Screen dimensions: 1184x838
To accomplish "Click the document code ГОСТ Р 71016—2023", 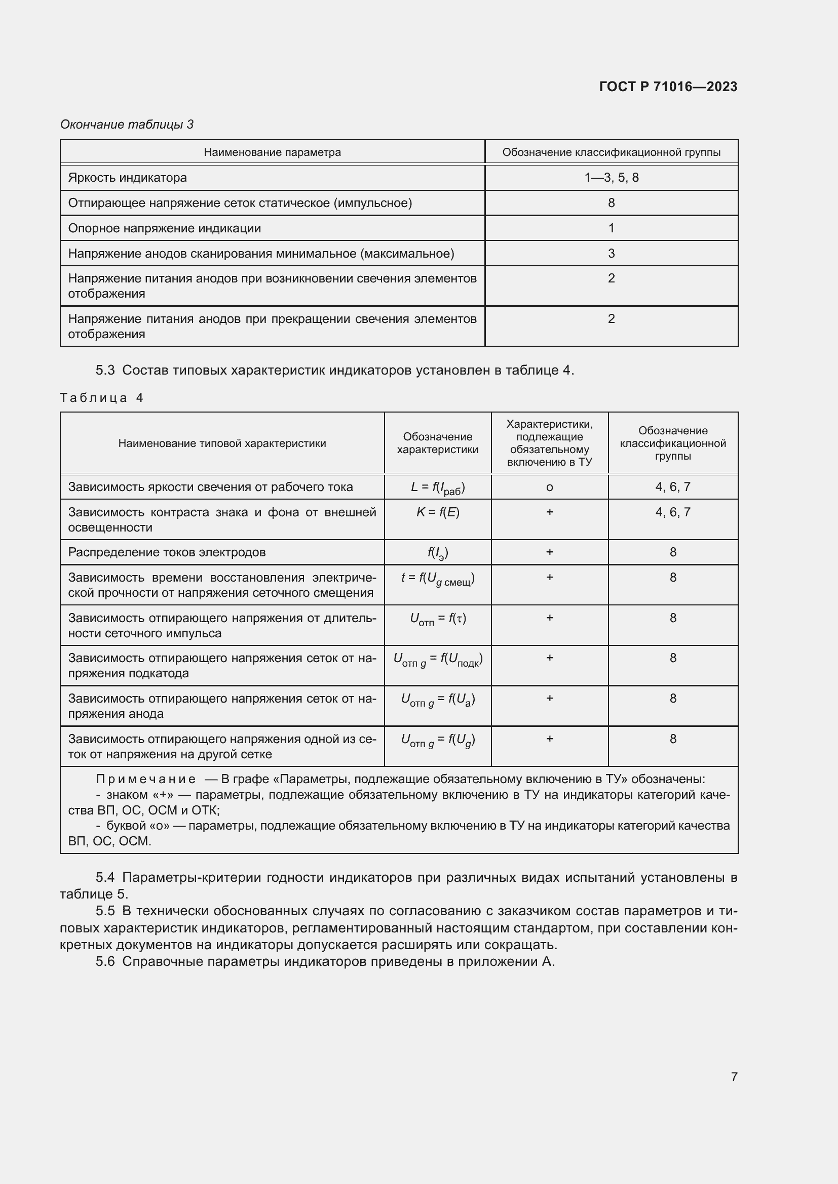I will tap(668, 87).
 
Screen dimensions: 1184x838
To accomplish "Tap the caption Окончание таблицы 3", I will tap(127, 125).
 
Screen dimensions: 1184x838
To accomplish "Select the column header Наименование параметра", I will tap(272, 152).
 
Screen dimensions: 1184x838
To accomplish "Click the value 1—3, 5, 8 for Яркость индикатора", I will tap(611, 178).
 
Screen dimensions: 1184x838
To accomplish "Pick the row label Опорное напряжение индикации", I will tap(164, 228).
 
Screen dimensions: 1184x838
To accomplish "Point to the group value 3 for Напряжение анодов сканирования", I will tap(611, 254).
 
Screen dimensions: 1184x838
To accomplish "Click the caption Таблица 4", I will tap(101, 397).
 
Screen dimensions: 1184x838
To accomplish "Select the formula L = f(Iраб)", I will tap(438, 488).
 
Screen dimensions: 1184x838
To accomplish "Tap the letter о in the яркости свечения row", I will tap(549, 487).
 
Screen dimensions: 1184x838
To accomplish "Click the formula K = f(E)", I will tap(438, 512).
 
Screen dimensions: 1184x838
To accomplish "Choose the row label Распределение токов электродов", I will tap(167, 552).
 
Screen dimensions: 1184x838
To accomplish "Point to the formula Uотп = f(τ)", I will tap(438, 619).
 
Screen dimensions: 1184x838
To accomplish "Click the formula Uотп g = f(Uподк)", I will tap(438, 660).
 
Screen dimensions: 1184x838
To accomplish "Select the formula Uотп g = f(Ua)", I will tap(438, 700).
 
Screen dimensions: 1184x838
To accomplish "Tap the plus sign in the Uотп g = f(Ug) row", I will tap(549, 739).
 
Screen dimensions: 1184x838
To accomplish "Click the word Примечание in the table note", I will tap(145, 779).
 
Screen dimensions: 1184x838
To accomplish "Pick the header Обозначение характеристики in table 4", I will tap(438, 443).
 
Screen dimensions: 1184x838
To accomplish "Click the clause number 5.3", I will tap(105, 370).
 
